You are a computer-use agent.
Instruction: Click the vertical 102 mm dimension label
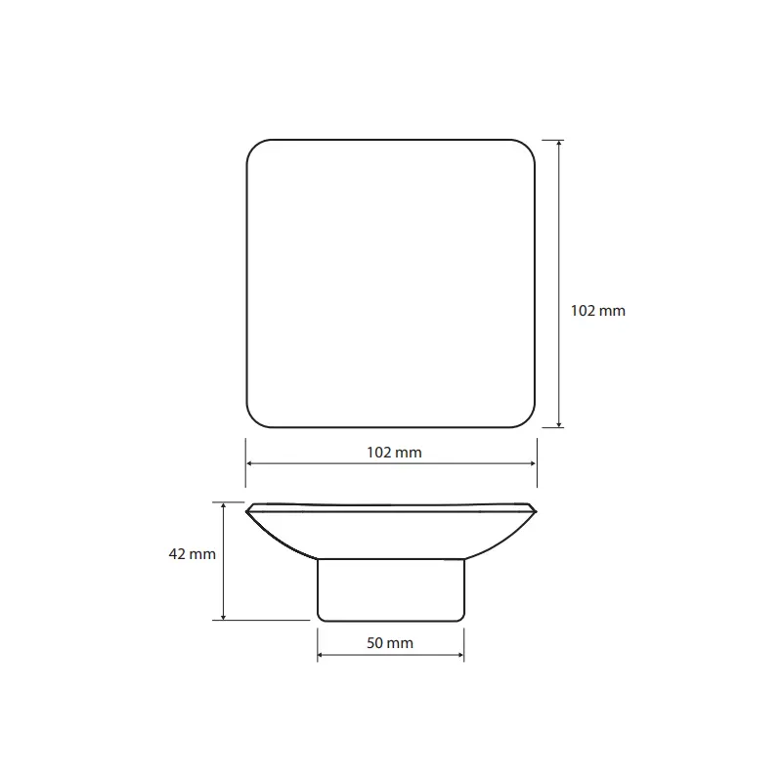click(x=597, y=311)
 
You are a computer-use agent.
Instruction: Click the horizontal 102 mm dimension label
click(x=394, y=453)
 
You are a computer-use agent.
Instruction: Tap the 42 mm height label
click(x=192, y=554)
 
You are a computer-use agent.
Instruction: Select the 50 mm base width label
click(x=390, y=643)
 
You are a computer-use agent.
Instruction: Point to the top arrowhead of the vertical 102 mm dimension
click(x=559, y=143)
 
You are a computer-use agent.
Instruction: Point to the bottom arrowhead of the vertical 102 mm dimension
click(x=559, y=424)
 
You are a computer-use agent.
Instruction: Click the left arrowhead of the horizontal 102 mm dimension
click(x=249, y=463)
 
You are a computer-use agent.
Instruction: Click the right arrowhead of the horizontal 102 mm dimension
click(x=533, y=463)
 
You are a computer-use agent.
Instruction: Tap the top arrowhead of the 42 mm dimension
click(x=224, y=505)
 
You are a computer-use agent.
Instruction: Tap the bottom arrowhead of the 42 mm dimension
click(x=224, y=617)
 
